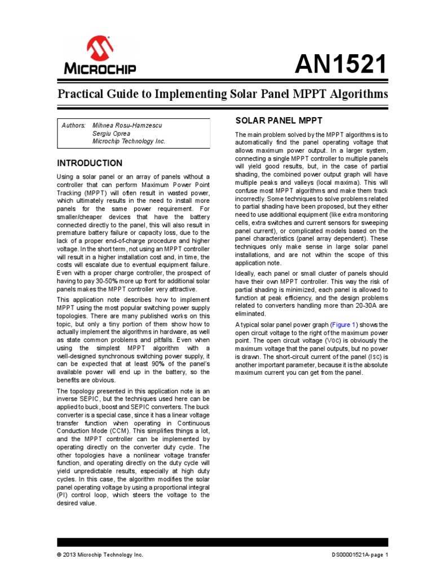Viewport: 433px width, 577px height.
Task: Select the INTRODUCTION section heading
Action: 90,163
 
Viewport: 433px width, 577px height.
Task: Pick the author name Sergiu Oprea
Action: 111,134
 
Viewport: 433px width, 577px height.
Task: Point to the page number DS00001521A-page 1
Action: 360,555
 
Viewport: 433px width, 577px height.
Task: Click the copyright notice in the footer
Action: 100,555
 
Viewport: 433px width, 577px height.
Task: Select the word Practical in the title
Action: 79,94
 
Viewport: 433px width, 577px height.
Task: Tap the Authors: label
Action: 73,125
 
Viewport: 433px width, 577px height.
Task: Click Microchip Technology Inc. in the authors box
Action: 129,142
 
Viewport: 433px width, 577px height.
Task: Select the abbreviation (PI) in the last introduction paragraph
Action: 61,495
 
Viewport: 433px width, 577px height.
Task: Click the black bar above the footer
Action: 223,542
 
